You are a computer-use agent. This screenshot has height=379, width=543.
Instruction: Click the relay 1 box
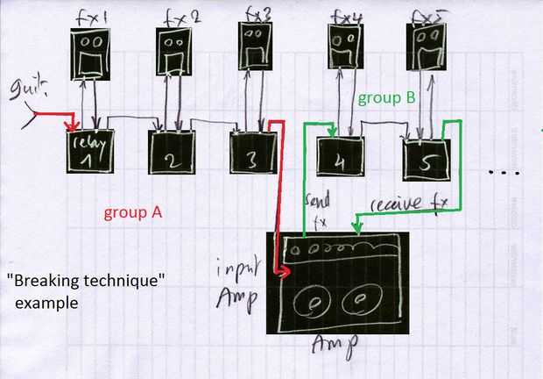[x=90, y=152]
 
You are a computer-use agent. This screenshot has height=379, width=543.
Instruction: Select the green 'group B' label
[x=385, y=99]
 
